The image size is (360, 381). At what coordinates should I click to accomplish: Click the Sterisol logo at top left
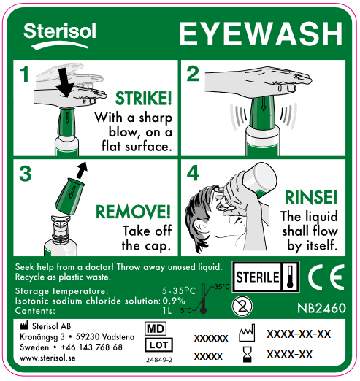[54, 33]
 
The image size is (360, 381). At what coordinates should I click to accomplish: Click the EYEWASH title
[260, 34]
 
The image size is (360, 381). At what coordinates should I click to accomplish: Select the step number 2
[193, 74]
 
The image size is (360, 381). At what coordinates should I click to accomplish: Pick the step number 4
[193, 174]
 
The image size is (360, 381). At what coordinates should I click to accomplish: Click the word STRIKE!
[144, 99]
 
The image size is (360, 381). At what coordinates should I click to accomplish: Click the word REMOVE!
[134, 212]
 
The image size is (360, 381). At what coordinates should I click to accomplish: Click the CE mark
[321, 277]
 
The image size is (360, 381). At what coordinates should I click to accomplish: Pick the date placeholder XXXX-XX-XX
[299, 334]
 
